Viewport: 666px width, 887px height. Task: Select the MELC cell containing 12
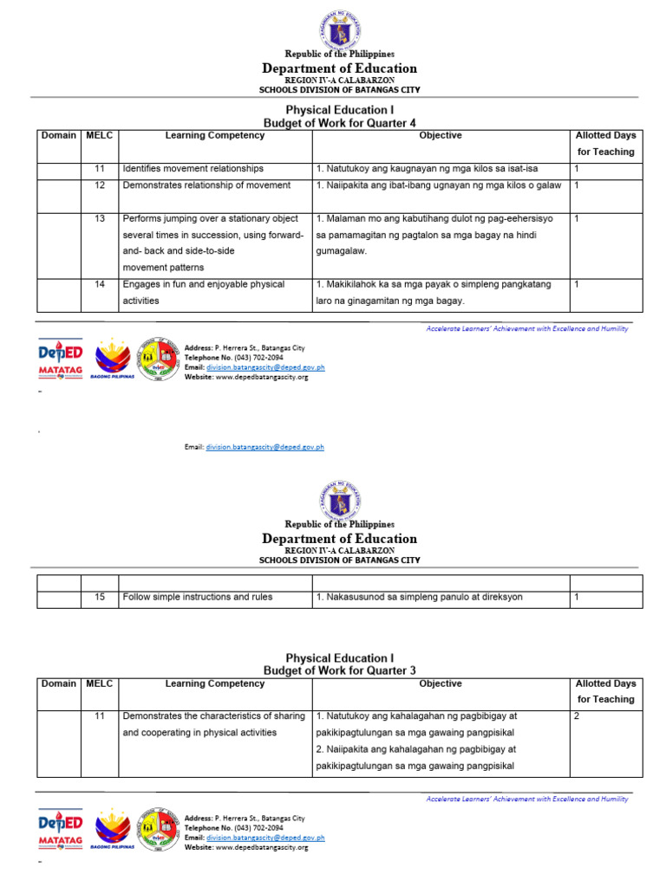click(x=100, y=185)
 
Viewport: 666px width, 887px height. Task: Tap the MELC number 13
click(x=100, y=219)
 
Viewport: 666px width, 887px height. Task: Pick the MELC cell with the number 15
click(x=100, y=597)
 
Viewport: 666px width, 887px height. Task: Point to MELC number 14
click(x=100, y=284)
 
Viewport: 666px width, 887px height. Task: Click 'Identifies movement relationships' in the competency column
click(x=193, y=169)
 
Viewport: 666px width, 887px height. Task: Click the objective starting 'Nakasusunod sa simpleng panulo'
click(x=419, y=597)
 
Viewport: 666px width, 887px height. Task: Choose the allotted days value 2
click(x=577, y=716)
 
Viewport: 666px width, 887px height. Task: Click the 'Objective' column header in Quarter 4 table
click(x=440, y=135)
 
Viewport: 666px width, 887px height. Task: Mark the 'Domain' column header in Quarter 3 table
click(x=58, y=683)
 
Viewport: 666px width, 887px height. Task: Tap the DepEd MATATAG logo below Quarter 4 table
click(x=60, y=359)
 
